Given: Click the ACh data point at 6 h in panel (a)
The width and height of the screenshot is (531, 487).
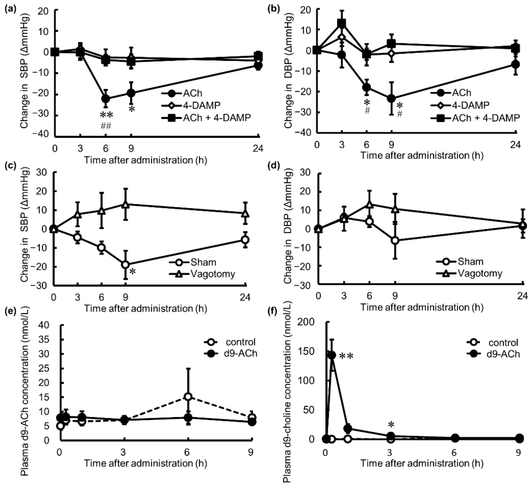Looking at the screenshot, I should point(106,99).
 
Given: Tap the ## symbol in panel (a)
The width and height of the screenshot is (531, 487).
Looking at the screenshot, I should point(106,126).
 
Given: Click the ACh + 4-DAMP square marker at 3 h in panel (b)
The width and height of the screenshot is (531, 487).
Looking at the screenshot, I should point(342,24).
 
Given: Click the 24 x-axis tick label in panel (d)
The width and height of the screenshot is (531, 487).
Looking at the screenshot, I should point(522,296).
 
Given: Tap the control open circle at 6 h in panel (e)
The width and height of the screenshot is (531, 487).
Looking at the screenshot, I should point(188,396).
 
